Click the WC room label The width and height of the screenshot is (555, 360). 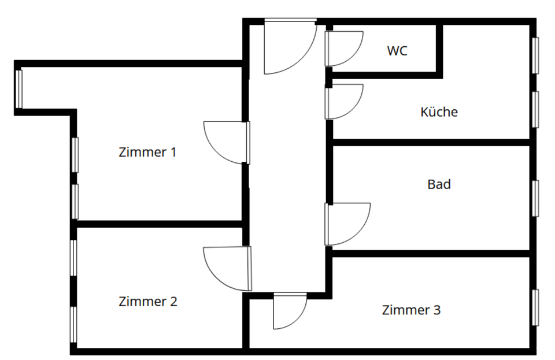(397, 51)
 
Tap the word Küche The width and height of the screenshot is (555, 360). (439, 112)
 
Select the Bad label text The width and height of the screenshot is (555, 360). (439, 185)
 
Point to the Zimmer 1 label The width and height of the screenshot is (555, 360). (147, 153)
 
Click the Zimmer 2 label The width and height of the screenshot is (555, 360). (147, 302)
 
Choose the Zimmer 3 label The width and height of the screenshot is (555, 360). (411, 310)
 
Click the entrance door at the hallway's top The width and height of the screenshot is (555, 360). (289, 46)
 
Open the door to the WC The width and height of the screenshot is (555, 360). (342, 48)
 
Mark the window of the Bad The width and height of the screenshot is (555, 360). (535, 198)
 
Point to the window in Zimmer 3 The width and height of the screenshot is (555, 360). (535, 307)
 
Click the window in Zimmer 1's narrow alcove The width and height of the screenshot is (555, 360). (19, 88)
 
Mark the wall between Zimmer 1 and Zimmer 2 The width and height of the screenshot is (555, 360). (159, 224)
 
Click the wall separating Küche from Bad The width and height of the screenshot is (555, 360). (431, 142)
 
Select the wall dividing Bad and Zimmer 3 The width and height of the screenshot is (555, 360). (431, 253)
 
